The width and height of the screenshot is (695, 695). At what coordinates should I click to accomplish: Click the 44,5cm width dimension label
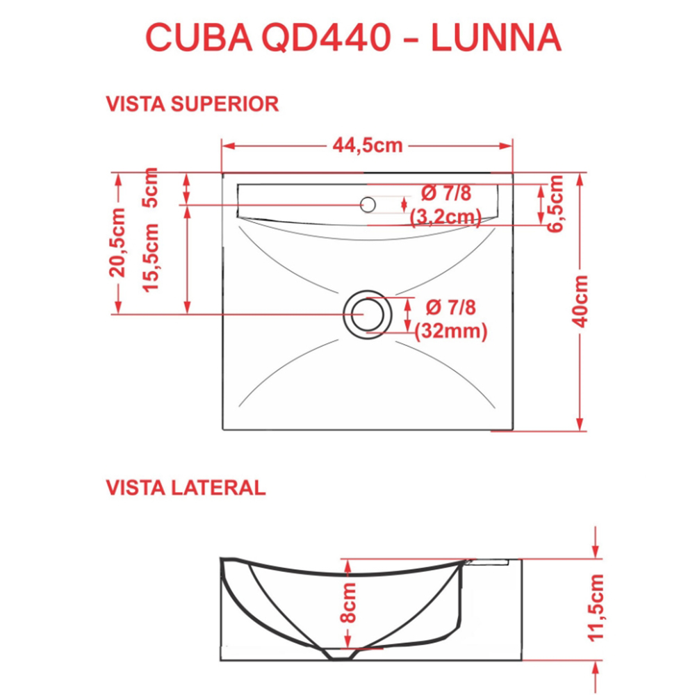click(x=368, y=145)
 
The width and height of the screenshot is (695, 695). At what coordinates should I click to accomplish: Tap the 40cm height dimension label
click(x=580, y=302)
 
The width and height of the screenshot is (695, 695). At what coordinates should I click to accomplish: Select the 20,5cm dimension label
click(x=117, y=243)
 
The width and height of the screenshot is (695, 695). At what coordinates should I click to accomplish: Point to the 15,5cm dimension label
click(x=150, y=258)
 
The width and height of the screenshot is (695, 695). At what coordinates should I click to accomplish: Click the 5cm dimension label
click(x=150, y=187)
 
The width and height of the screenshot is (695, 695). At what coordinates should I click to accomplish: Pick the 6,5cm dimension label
click(x=555, y=204)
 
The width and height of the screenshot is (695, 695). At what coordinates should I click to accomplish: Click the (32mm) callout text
click(x=451, y=331)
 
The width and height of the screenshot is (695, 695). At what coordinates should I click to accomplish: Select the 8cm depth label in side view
click(x=349, y=603)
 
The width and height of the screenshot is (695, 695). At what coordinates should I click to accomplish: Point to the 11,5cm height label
click(x=596, y=607)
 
